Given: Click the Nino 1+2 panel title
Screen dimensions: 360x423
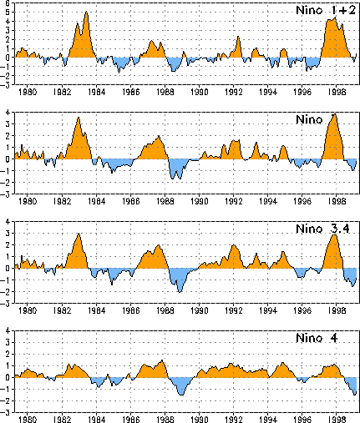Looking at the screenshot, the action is tap(326, 10).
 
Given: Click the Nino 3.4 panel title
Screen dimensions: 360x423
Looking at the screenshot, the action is tap(322, 229).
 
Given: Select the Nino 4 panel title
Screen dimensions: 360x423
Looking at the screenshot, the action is tap(317, 338).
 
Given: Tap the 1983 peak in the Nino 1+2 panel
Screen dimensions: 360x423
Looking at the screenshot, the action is tap(87, 12).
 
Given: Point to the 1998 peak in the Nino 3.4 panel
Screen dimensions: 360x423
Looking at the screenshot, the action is tap(334, 235).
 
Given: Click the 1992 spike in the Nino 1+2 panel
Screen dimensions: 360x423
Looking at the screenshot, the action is tap(238, 37).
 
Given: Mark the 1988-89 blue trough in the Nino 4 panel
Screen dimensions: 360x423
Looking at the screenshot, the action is tap(181, 395).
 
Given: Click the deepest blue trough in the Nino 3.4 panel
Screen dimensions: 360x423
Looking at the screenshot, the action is tap(180, 292).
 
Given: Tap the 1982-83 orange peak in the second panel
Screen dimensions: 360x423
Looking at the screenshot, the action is tap(79, 118).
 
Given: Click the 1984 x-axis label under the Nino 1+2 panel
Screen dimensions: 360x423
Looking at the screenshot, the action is tap(96, 92).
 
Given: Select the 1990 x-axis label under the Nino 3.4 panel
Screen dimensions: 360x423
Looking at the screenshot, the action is tap(200, 310).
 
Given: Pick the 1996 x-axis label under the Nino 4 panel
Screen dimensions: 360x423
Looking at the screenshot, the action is tap(302, 420).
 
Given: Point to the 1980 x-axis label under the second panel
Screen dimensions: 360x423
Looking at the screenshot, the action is tap(28, 201).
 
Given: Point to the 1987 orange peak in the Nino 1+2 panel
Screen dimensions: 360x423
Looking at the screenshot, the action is tap(151, 41).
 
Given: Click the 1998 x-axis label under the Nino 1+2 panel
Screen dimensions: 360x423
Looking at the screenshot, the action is tap(337, 92).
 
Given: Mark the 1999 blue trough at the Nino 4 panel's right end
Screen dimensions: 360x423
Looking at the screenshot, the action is tap(355, 395).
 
